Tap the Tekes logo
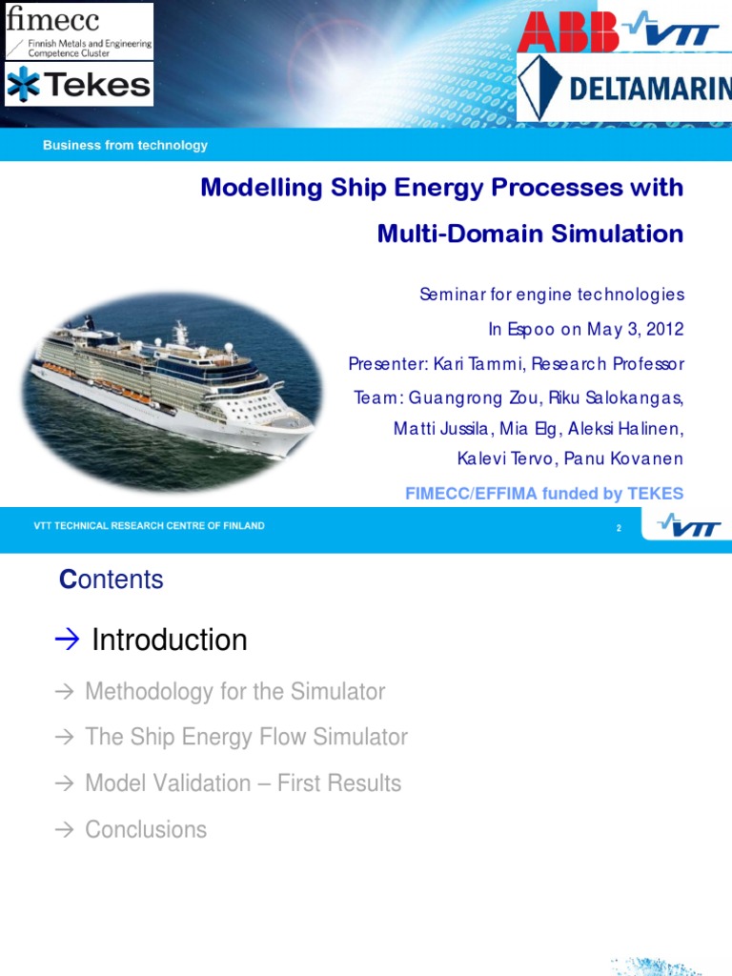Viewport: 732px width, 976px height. [x=78, y=85]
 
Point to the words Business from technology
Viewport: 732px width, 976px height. [x=125, y=146]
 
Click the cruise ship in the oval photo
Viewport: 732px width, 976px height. [x=172, y=381]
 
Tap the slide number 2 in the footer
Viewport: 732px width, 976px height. [x=619, y=527]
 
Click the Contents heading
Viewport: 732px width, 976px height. [x=112, y=579]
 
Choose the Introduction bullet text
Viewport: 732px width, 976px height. [x=169, y=640]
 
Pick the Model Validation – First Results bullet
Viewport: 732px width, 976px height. [x=243, y=783]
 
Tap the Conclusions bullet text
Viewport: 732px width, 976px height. [x=146, y=829]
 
